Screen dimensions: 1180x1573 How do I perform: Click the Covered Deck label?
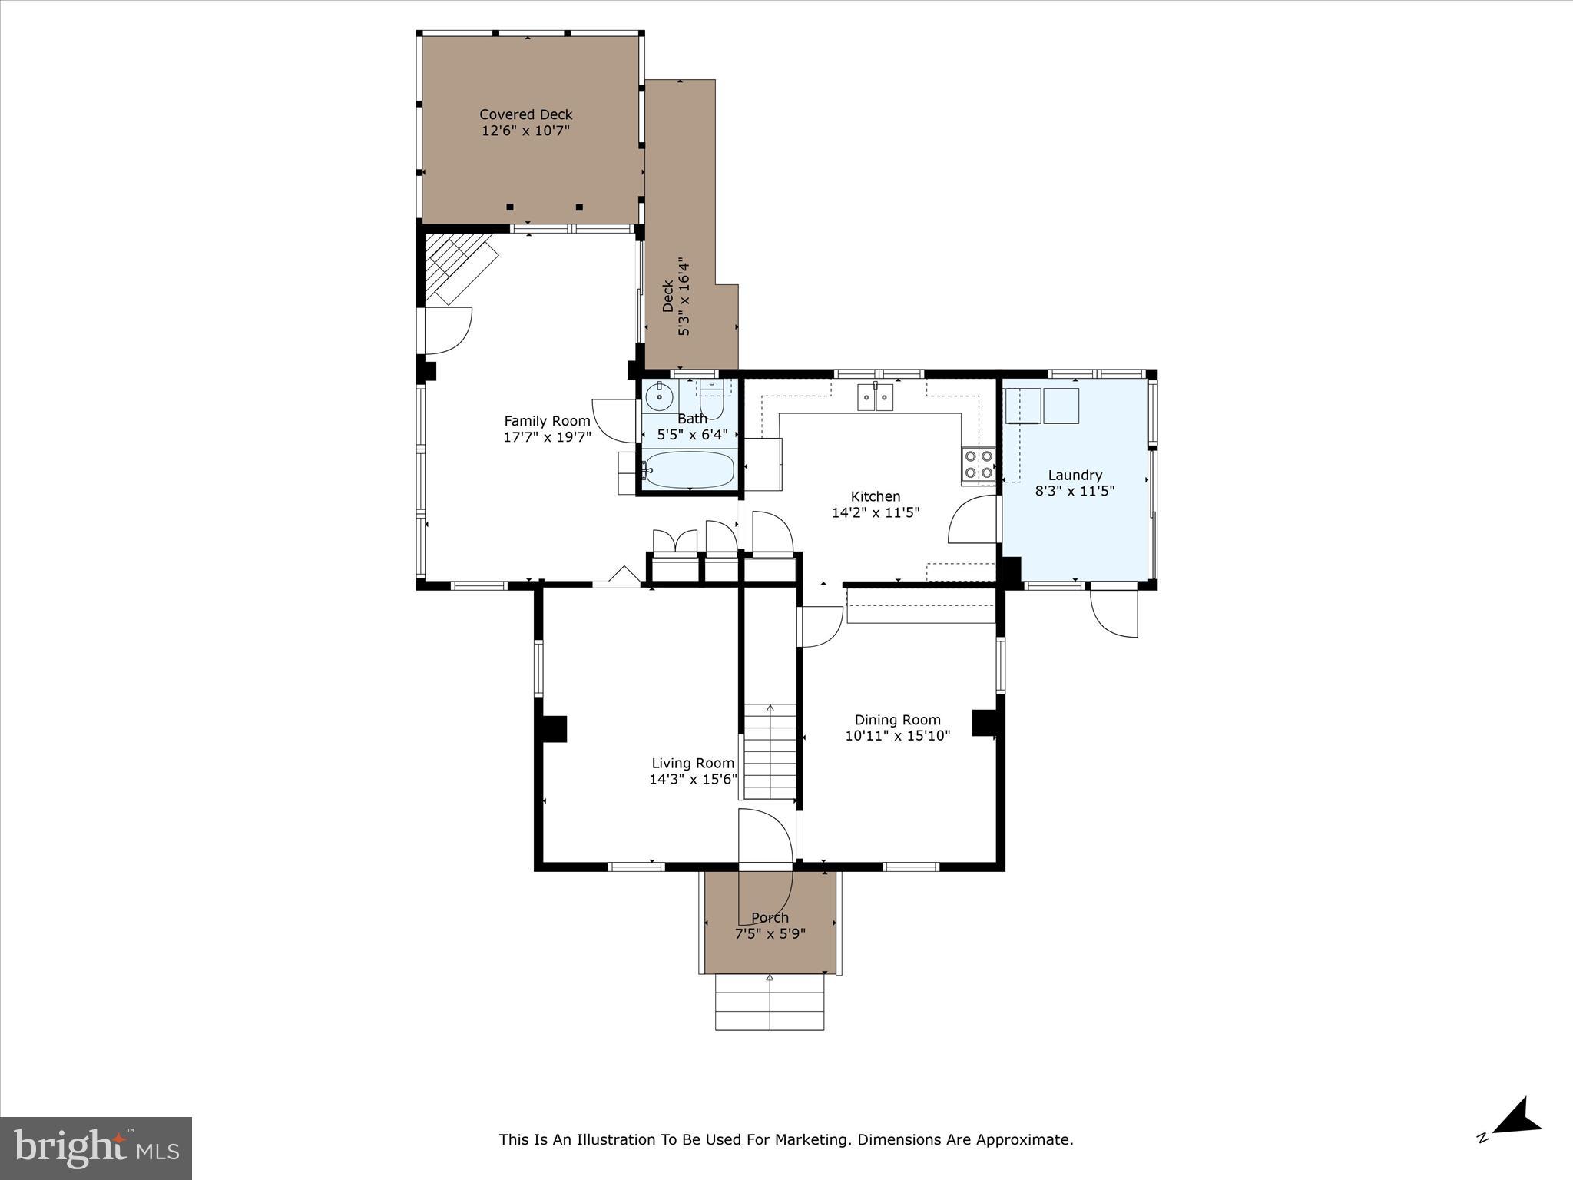(x=525, y=114)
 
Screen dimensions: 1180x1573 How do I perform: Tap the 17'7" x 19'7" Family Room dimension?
(x=547, y=437)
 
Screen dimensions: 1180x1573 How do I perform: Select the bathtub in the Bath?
(x=689, y=469)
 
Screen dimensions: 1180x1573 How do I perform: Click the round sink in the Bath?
(x=659, y=397)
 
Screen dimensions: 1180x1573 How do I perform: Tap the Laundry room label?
(x=1075, y=475)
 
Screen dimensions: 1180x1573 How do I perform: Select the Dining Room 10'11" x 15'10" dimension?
(x=897, y=735)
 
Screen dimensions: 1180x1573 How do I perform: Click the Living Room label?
(x=693, y=763)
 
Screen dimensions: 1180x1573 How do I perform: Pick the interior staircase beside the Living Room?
(x=770, y=753)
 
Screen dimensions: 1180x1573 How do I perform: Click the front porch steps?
(x=770, y=1002)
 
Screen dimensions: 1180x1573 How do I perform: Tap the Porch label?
(x=770, y=917)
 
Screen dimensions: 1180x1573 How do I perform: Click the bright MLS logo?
(x=96, y=1148)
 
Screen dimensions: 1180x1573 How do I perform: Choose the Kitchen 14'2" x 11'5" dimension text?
(x=875, y=512)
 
